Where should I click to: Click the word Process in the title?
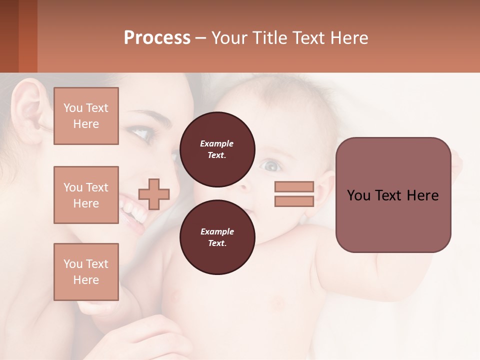tap(157, 38)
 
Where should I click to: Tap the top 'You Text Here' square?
tap(86, 116)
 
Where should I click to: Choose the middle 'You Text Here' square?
tap(86, 195)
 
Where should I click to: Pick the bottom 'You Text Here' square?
tap(86, 272)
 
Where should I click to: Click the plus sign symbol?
tap(154, 193)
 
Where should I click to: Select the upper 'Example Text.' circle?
tap(217, 149)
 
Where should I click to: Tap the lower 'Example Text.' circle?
tap(217, 237)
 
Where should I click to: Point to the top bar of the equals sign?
tap(294, 187)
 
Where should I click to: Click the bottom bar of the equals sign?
tap(294, 201)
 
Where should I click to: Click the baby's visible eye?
tap(271, 164)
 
